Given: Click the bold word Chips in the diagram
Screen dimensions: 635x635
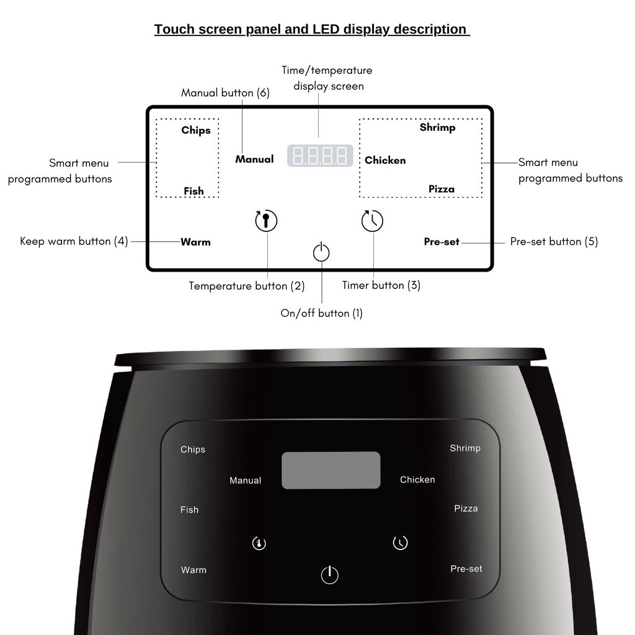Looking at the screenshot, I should pos(196,130).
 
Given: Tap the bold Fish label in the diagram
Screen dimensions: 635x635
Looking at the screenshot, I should pos(193,191).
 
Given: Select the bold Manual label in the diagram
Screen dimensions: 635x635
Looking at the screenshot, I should pos(254,159).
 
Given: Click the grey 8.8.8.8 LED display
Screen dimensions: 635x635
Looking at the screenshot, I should pos(320,156).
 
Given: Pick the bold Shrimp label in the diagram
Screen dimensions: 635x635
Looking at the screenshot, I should pos(437,127).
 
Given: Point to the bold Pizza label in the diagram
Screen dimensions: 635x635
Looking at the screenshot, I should pos(442,189).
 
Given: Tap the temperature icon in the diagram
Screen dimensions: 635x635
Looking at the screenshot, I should pos(266,221).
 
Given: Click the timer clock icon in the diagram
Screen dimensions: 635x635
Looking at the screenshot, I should pos(372,220).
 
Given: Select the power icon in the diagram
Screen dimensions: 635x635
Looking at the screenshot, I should pos(321,252).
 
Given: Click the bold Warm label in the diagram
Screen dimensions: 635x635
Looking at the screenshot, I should pos(195,242).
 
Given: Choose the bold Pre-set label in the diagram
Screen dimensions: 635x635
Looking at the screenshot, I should pos(442,242).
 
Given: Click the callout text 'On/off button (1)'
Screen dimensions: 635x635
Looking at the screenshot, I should pos(322,313).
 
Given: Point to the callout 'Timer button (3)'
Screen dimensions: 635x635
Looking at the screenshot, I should pos(381,285).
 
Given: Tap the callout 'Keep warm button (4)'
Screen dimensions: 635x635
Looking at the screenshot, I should pos(74,241).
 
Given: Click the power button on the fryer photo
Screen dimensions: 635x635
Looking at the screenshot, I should pos(329,574).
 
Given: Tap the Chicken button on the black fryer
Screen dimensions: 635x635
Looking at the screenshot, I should pos(417,479).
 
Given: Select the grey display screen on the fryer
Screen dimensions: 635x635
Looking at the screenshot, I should pos(331,470).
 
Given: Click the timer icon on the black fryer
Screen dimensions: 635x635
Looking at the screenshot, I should pos(400,543).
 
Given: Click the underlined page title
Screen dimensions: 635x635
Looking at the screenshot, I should pos(311,29).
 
